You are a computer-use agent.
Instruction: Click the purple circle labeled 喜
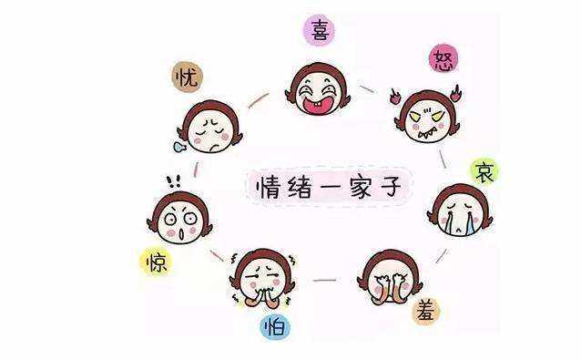pyautogui.click(x=320, y=31)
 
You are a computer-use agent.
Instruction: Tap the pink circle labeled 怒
pyautogui.click(x=443, y=61)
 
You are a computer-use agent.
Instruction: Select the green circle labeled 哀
pyautogui.click(x=484, y=171)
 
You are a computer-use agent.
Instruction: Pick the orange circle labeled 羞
pyautogui.click(x=425, y=310)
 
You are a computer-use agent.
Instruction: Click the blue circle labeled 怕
pyautogui.click(x=273, y=326)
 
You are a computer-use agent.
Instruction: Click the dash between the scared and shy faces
pyautogui.click(x=324, y=280)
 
